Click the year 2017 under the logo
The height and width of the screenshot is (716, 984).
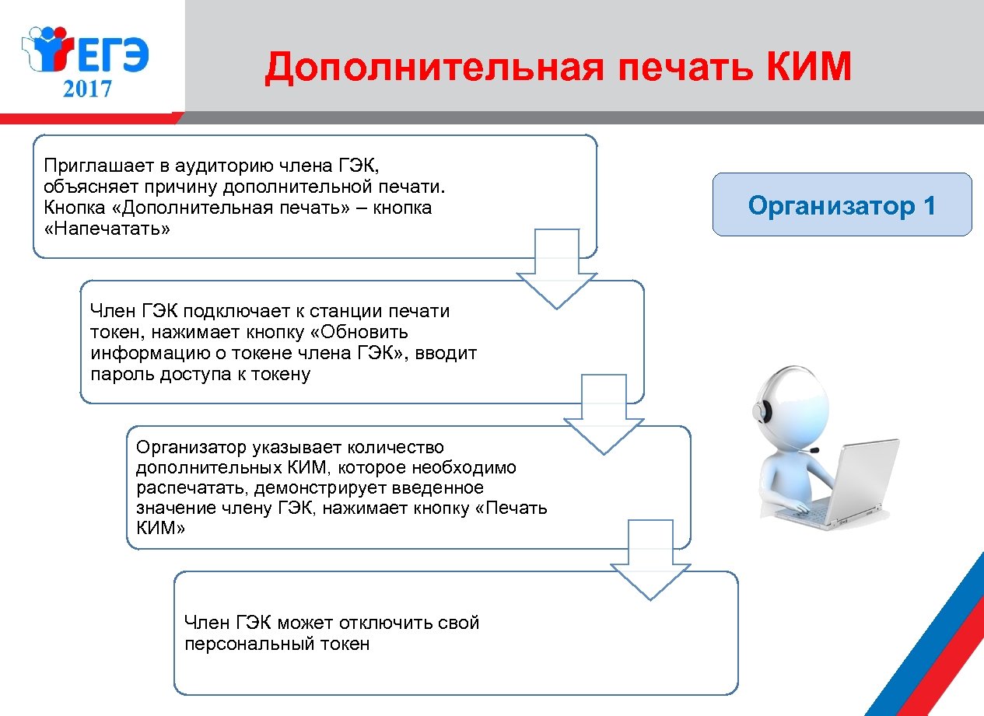point(88,88)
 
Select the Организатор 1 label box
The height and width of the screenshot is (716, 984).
point(842,205)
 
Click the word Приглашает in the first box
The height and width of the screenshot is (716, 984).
point(89,165)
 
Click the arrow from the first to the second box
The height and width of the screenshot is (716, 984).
point(557,269)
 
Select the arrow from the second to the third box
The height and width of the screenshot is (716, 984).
point(604,414)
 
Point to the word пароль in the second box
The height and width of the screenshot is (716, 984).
point(118,374)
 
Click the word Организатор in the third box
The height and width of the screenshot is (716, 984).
point(191,447)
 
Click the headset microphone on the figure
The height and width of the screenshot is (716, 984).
point(814,450)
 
